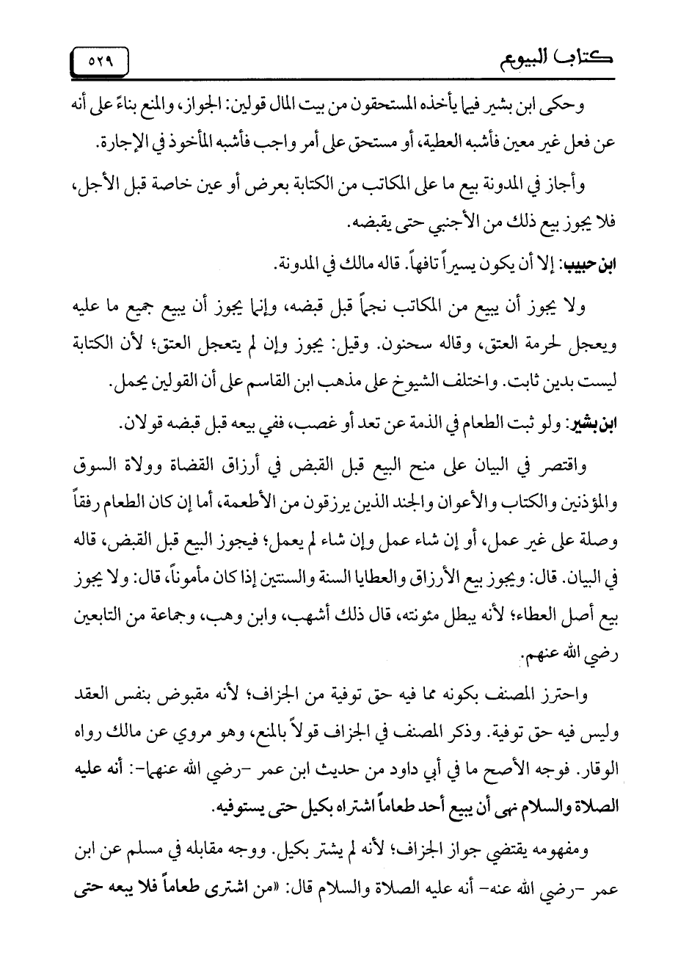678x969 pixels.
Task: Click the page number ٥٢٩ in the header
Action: [x=99, y=60]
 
